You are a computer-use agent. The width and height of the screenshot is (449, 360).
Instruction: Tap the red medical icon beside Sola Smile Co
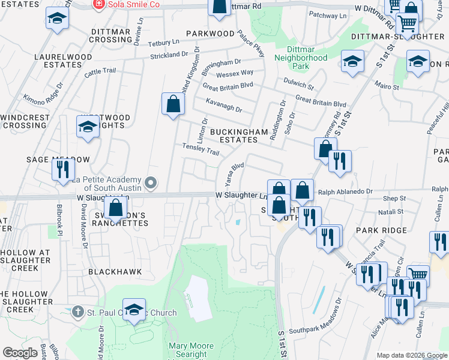98,4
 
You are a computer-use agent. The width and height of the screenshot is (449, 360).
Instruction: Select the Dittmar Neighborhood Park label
301,53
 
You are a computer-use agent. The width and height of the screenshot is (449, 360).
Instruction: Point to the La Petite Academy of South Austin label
107,183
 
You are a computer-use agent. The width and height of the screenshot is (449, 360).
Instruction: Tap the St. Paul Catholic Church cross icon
77,313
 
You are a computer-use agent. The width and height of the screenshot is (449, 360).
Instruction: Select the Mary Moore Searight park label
191,350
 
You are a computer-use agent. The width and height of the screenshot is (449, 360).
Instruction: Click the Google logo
19,353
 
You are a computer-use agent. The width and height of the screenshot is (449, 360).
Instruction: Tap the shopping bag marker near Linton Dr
173,104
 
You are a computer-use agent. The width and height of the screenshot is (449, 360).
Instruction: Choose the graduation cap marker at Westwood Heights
88,127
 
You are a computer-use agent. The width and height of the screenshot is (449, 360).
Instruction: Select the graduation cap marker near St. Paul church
134,310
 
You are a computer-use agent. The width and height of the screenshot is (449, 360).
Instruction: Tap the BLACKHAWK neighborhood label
115,272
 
